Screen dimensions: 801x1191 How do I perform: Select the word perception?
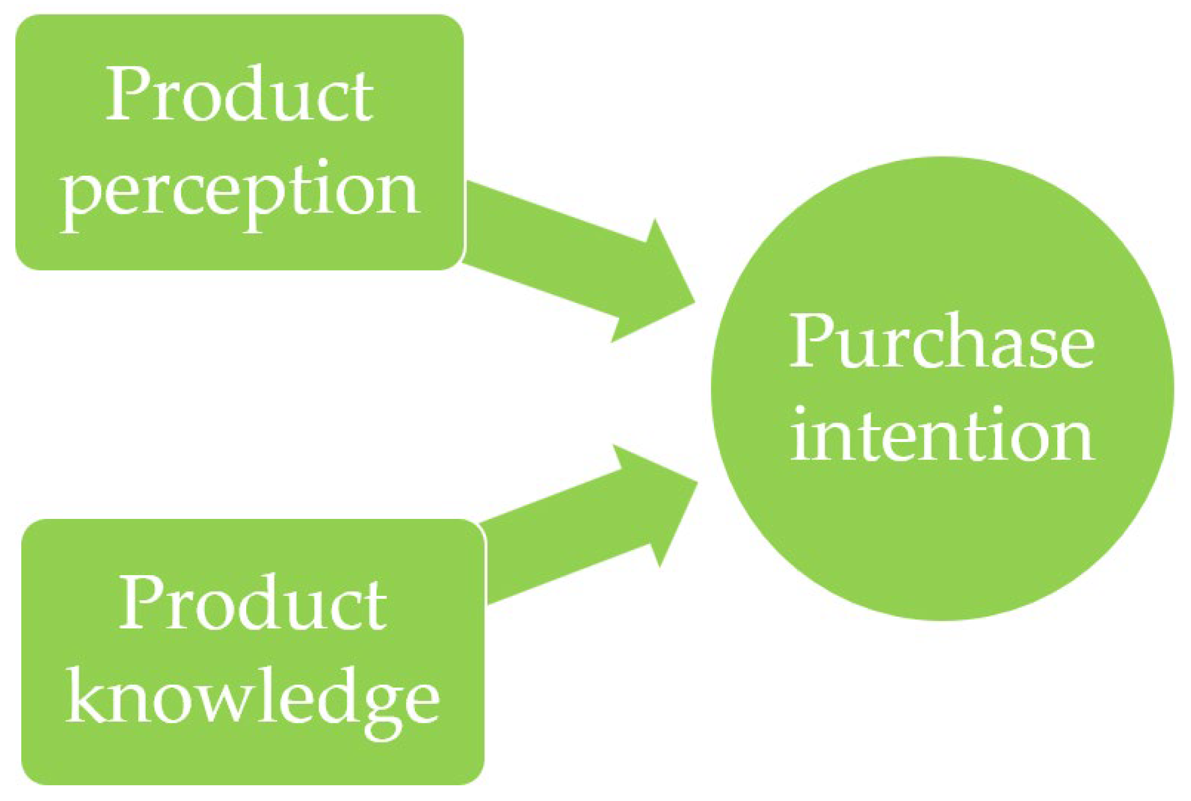(x=240, y=191)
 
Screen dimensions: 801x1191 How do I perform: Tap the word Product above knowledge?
(x=252, y=603)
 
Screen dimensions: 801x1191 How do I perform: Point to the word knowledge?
(x=252, y=698)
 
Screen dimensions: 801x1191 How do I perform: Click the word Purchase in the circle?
(x=942, y=342)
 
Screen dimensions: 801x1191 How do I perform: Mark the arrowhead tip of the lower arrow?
(x=695, y=482)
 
